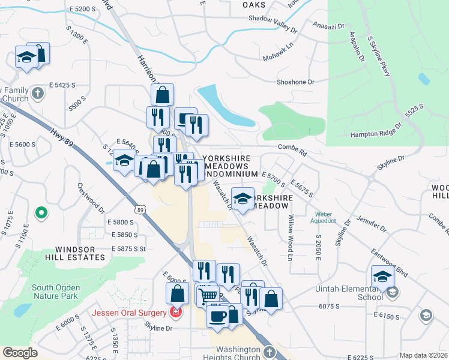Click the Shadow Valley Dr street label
tap(273, 19)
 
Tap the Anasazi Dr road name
tap(329, 26)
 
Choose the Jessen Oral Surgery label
tap(129, 313)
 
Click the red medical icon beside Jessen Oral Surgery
tap(175, 313)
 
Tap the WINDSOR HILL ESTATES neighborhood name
tap(80, 253)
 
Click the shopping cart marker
tap(208, 295)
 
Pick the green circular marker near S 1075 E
tap(41, 212)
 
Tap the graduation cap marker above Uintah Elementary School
tap(382, 277)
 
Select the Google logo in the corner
tap(20, 352)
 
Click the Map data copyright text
tap(423, 355)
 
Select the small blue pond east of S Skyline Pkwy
tap(424, 79)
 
